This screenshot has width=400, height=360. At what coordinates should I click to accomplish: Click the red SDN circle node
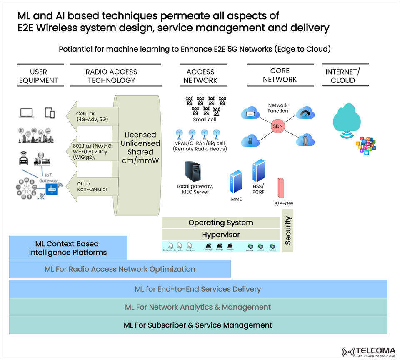pos(278,126)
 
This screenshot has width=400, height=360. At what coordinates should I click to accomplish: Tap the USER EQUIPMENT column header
pos(38,76)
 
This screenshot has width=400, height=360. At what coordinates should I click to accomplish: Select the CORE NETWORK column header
pos(280,75)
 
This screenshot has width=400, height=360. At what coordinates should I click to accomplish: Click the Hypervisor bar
pos(220,235)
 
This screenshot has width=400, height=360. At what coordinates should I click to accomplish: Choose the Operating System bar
pos(220,222)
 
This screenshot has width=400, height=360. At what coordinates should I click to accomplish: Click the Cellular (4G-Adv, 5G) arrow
pos(92,116)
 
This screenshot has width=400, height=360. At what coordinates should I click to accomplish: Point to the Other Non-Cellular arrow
pos(92,186)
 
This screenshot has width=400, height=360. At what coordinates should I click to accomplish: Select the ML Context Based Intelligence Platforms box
pos(68,248)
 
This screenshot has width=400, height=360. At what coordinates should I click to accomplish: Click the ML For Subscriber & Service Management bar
pos(198,325)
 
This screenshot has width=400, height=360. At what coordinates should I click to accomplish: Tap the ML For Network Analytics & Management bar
pos(198,307)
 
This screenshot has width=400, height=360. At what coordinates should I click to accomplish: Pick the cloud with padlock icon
pos(251,140)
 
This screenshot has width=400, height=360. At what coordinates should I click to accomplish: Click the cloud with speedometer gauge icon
pos(305,113)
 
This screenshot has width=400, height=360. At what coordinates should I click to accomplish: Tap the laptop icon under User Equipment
pos(27,112)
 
